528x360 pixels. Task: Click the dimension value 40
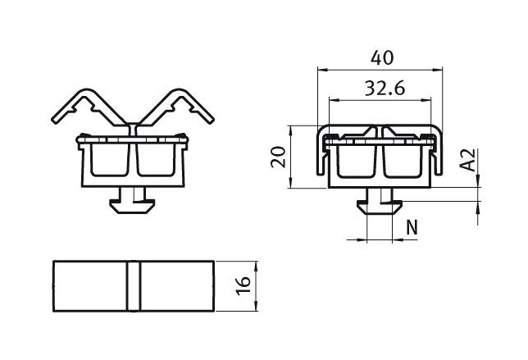(380, 58)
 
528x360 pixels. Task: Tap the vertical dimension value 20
(278, 157)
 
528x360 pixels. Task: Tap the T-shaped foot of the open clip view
(133, 201)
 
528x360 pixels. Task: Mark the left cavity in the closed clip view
(355, 162)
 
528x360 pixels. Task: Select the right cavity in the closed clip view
(403, 162)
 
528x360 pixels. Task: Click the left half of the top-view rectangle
(89, 286)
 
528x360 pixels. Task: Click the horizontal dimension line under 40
(380, 71)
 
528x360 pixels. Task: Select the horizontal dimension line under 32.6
(380, 100)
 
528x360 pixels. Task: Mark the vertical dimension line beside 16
(257, 286)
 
